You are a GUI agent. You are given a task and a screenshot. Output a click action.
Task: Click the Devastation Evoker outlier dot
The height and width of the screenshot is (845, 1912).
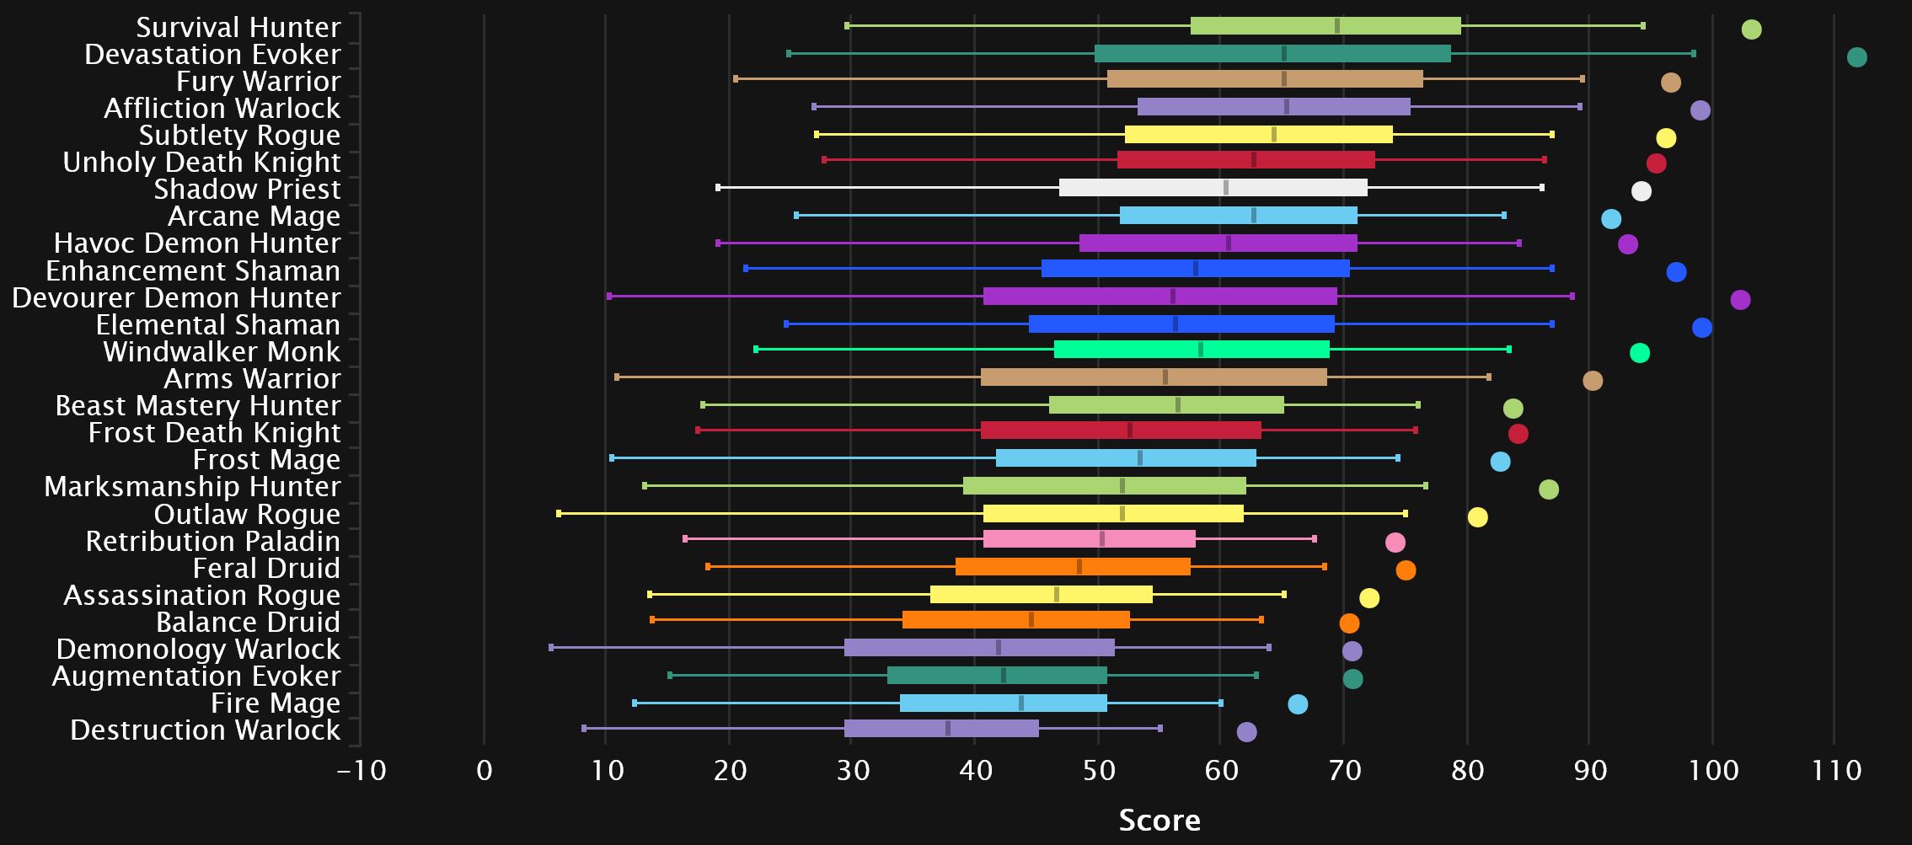click(x=1856, y=57)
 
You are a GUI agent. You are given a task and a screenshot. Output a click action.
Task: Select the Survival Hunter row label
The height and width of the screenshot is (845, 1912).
click(x=238, y=28)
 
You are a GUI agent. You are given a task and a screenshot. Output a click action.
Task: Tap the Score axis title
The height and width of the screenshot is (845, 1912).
click(x=1160, y=820)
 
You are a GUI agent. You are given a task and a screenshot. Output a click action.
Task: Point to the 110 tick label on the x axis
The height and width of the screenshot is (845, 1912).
click(x=1837, y=770)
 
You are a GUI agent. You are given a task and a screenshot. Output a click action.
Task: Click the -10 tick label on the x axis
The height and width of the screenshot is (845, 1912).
click(x=362, y=770)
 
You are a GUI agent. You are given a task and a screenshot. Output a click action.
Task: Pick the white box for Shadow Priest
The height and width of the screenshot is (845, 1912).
click(x=1213, y=187)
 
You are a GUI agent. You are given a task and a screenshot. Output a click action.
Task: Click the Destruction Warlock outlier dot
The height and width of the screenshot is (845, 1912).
click(x=1246, y=732)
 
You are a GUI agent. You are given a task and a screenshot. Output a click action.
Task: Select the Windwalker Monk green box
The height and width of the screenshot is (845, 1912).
click(x=1192, y=350)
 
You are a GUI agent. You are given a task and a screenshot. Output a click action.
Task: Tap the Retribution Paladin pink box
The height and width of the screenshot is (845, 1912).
click(x=1089, y=539)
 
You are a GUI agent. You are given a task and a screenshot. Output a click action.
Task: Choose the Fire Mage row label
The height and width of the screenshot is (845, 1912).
click(x=276, y=703)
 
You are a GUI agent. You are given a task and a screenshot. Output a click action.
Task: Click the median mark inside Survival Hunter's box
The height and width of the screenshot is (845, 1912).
click(x=1337, y=26)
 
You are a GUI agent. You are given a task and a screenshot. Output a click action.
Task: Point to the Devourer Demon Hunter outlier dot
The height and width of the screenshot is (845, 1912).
click(x=1740, y=300)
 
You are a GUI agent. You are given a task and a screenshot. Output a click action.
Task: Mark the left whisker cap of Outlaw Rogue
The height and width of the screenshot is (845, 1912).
click(x=559, y=513)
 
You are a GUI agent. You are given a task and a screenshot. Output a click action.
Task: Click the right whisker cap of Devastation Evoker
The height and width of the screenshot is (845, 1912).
click(x=1694, y=54)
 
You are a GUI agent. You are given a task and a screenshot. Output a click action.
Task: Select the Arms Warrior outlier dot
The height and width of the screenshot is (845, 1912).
click(x=1593, y=381)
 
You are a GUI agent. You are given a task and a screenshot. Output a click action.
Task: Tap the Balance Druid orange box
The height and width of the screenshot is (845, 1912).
click(x=1015, y=620)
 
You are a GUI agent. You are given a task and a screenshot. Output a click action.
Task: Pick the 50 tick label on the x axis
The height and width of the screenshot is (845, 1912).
click(x=1098, y=770)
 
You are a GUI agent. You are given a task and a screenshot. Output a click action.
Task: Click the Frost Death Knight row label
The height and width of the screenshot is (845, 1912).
click(x=214, y=433)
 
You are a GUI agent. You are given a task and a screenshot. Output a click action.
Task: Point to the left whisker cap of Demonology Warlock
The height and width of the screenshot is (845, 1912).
click(x=551, y=648)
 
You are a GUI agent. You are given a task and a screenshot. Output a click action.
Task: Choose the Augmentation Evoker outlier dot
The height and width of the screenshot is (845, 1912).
click(x=1352, y=679)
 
